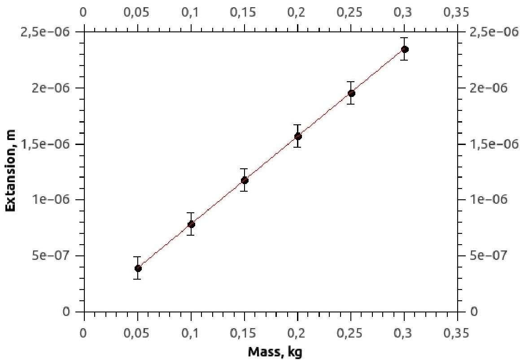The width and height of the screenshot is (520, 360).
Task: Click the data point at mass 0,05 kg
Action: (x=138, y=268)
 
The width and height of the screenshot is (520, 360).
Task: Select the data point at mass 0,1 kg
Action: (x=191, y=224)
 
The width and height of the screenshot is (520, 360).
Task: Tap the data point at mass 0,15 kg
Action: (x=245, y=180)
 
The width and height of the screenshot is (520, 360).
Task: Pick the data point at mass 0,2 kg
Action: (x=298, y=136)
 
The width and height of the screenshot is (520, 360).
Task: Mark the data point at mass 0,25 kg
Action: (x=351, y=93)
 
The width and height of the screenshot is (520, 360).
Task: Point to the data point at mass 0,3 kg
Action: (x=405, y=49)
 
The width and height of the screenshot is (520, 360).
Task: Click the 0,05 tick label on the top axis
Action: (x=138, y=12)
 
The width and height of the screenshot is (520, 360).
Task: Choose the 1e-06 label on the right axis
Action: (x=485, y=200)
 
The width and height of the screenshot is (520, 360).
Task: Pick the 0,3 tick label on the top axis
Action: (x=404, y=12)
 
